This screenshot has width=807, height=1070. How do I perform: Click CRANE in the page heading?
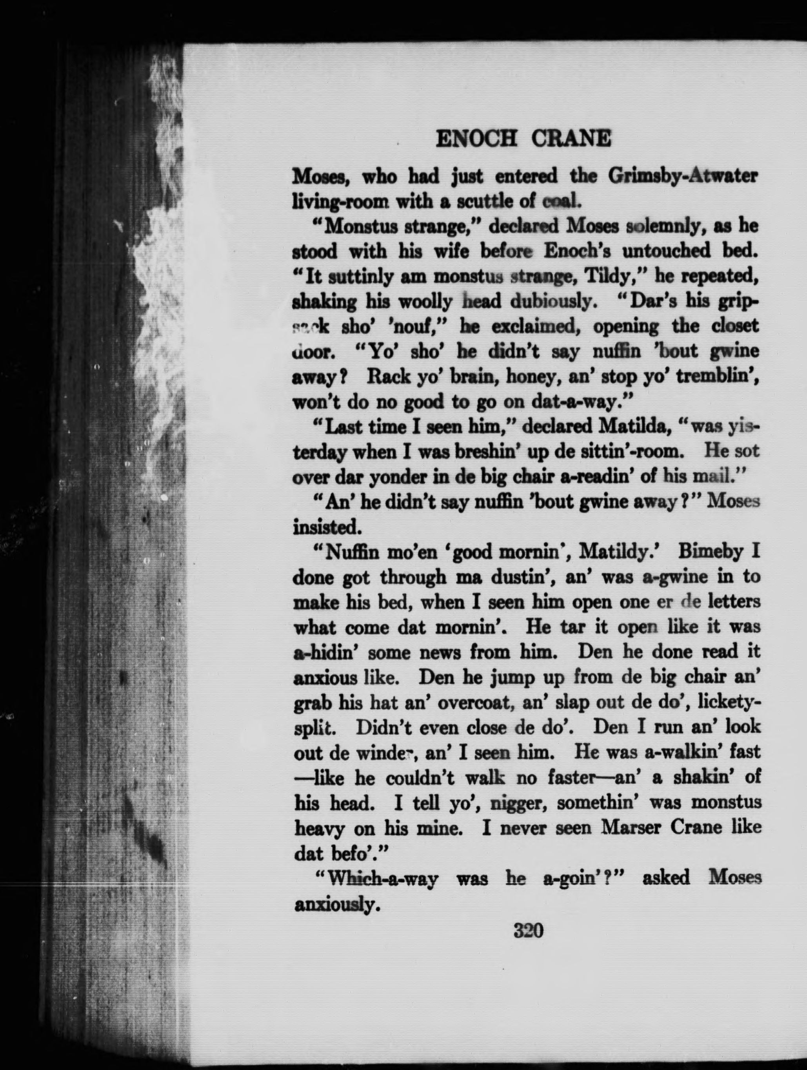[571, 139]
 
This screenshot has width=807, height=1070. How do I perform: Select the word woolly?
[425, 302]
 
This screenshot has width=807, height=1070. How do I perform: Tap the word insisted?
[327, 527]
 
